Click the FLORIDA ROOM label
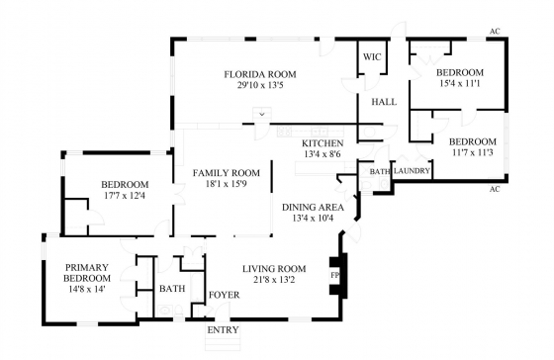[260, 74]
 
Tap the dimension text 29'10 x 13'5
[260, 85]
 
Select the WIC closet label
[372, 57]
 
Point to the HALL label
[384, 102]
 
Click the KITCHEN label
[323, 143]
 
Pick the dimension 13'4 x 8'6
[323, 154]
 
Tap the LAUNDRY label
[412, 171]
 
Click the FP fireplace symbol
[335, 275]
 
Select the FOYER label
[224, 295]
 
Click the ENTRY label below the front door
[223, 330]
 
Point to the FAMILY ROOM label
[227, 173]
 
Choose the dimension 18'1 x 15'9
[226, 184]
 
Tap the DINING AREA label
[313, 208]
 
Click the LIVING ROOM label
[274, 269]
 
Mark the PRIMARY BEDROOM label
[87, 273]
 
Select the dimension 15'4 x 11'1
[460, 84]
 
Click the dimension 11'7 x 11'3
[473, 152]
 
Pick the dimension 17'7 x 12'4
[125, 196]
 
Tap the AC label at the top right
[495, 32]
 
